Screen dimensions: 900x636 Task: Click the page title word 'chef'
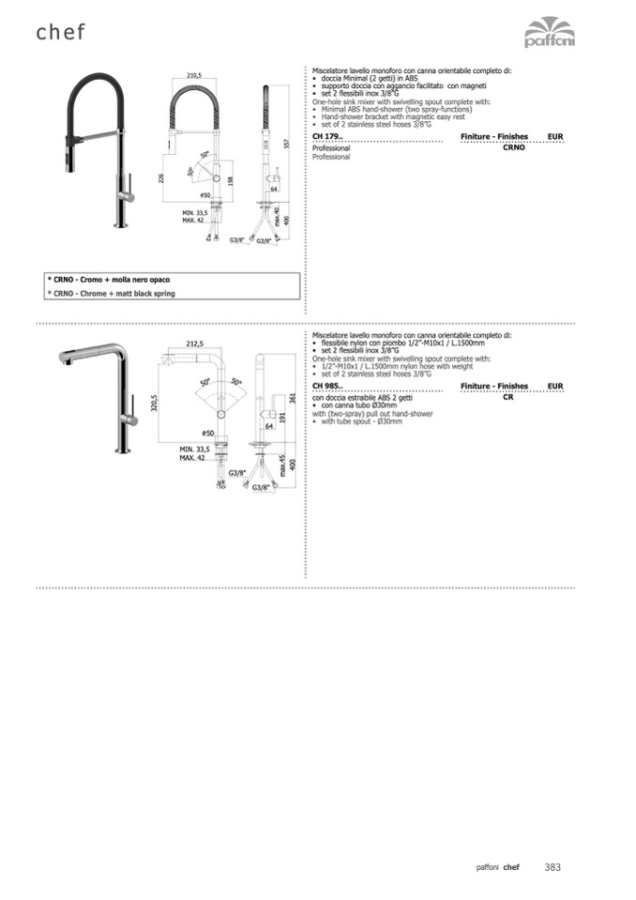61,33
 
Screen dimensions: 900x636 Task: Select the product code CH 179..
327,137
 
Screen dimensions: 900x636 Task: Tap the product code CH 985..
327,387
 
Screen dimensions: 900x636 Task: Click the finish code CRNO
513,148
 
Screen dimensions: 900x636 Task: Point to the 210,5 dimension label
194,75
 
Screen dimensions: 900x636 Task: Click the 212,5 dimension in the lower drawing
194,343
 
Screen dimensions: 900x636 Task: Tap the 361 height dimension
292,398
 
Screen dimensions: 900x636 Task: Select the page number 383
553,867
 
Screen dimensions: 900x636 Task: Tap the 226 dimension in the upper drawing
162,177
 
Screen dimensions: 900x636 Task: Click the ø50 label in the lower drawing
209,433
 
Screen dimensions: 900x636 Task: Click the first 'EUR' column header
555,137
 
